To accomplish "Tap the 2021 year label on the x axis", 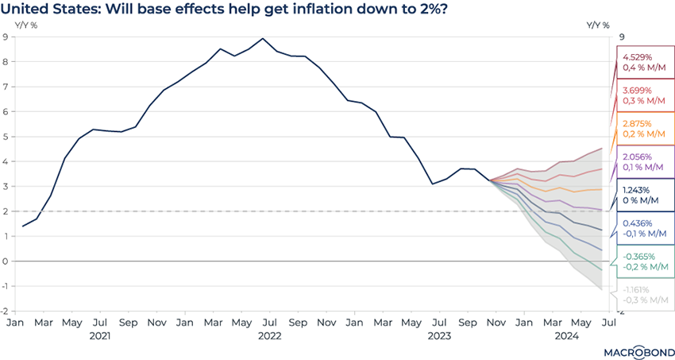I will (99, 336).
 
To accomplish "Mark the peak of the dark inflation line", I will (263, 38).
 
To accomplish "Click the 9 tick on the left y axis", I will (6, 37).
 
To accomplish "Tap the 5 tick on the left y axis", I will (6, 137).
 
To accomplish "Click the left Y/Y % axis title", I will (26, 25).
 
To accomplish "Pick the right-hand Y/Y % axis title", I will (597, 25).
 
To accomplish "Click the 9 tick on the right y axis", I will (623, 37).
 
